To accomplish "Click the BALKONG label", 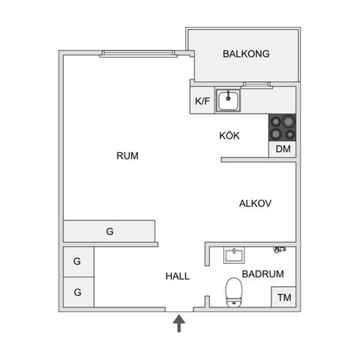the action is tap(246, 54).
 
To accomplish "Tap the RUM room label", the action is tap(127, 156).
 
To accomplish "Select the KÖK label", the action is tap(229, 136).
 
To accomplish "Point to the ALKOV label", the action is tap(255, 203).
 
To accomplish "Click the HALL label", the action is tap(178, 276).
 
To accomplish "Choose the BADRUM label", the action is tap(262, 274).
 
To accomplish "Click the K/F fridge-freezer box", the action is tap(202, 100).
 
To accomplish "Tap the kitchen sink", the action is tap(228, 100).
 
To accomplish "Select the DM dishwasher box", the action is tap(283, 149).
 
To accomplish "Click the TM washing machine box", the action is tap(284, 297).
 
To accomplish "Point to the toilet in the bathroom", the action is tap(234, 292).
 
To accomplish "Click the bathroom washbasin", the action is tap(234, 255).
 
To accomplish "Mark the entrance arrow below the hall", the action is tap(179, 323).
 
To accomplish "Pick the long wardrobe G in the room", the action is tap(109, 231).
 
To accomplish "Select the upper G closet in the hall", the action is tap(79, 262).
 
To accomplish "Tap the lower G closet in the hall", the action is tap(79, 292).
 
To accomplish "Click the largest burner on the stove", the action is tap(288, 121).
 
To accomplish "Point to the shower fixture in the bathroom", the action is tap(280, 249).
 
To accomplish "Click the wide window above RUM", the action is tap(138, 53).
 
